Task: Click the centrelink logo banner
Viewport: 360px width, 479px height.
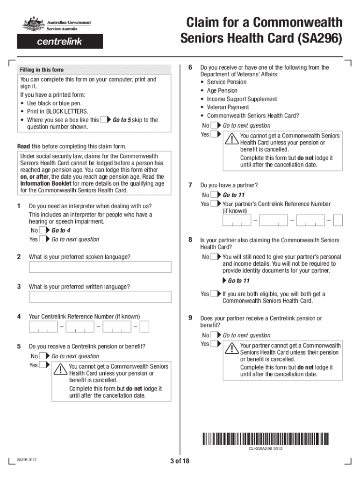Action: pyautogui.click(x=60, y=42)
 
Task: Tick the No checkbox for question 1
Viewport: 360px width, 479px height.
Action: pyautogui.click(x=43, y=231)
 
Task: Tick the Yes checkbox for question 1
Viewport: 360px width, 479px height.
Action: pyautogui.click(x=43, y=239)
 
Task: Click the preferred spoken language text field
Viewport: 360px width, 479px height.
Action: pyautogui.click(x=100, y=267)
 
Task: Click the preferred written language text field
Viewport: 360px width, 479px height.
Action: pyautogui.click(x=100, y=297)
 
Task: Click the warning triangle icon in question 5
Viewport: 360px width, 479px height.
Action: pyautogui.click(x=61, y=370)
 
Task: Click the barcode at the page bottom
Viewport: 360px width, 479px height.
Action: pyautogui.click(x=266, y=438)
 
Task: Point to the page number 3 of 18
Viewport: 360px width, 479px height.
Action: pyautogui.click(x=180, y=461)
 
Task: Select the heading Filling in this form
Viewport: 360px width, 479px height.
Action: pyautogui.click(x=42, y=70)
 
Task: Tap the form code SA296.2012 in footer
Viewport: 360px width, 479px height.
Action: pyautogui.click(x=27, y=460)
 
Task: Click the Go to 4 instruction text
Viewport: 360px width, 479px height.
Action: pyautogui.click(x=61, y=231)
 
